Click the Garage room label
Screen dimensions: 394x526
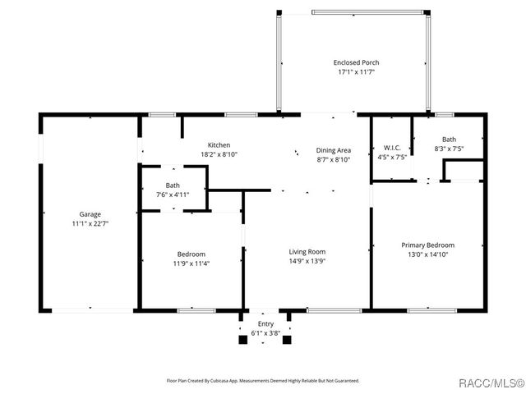coord(90,214)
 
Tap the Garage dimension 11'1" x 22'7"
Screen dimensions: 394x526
coord(90,223)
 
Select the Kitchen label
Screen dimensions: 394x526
coord(219,145)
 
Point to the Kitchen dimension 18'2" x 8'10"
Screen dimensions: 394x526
coord(219,154)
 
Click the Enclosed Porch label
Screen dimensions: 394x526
coord(356,62)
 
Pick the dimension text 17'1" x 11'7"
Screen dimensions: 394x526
coord(356,72)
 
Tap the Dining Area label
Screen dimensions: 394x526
coord(334,150)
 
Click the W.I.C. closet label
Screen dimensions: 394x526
coord(391,148)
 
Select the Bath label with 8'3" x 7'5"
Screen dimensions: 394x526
coord(449,140)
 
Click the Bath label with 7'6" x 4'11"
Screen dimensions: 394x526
coord(173,186)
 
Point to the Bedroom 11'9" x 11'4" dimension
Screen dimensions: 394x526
coord(191,263)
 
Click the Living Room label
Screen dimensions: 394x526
coord(307,252)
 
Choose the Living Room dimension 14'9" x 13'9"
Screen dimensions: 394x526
coord(307,261)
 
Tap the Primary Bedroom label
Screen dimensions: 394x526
coord(427,245)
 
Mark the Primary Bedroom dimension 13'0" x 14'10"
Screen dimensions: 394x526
coord(427,254)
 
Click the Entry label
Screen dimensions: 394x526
coord(265,323)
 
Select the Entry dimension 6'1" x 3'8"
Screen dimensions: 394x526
coord(265,332)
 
